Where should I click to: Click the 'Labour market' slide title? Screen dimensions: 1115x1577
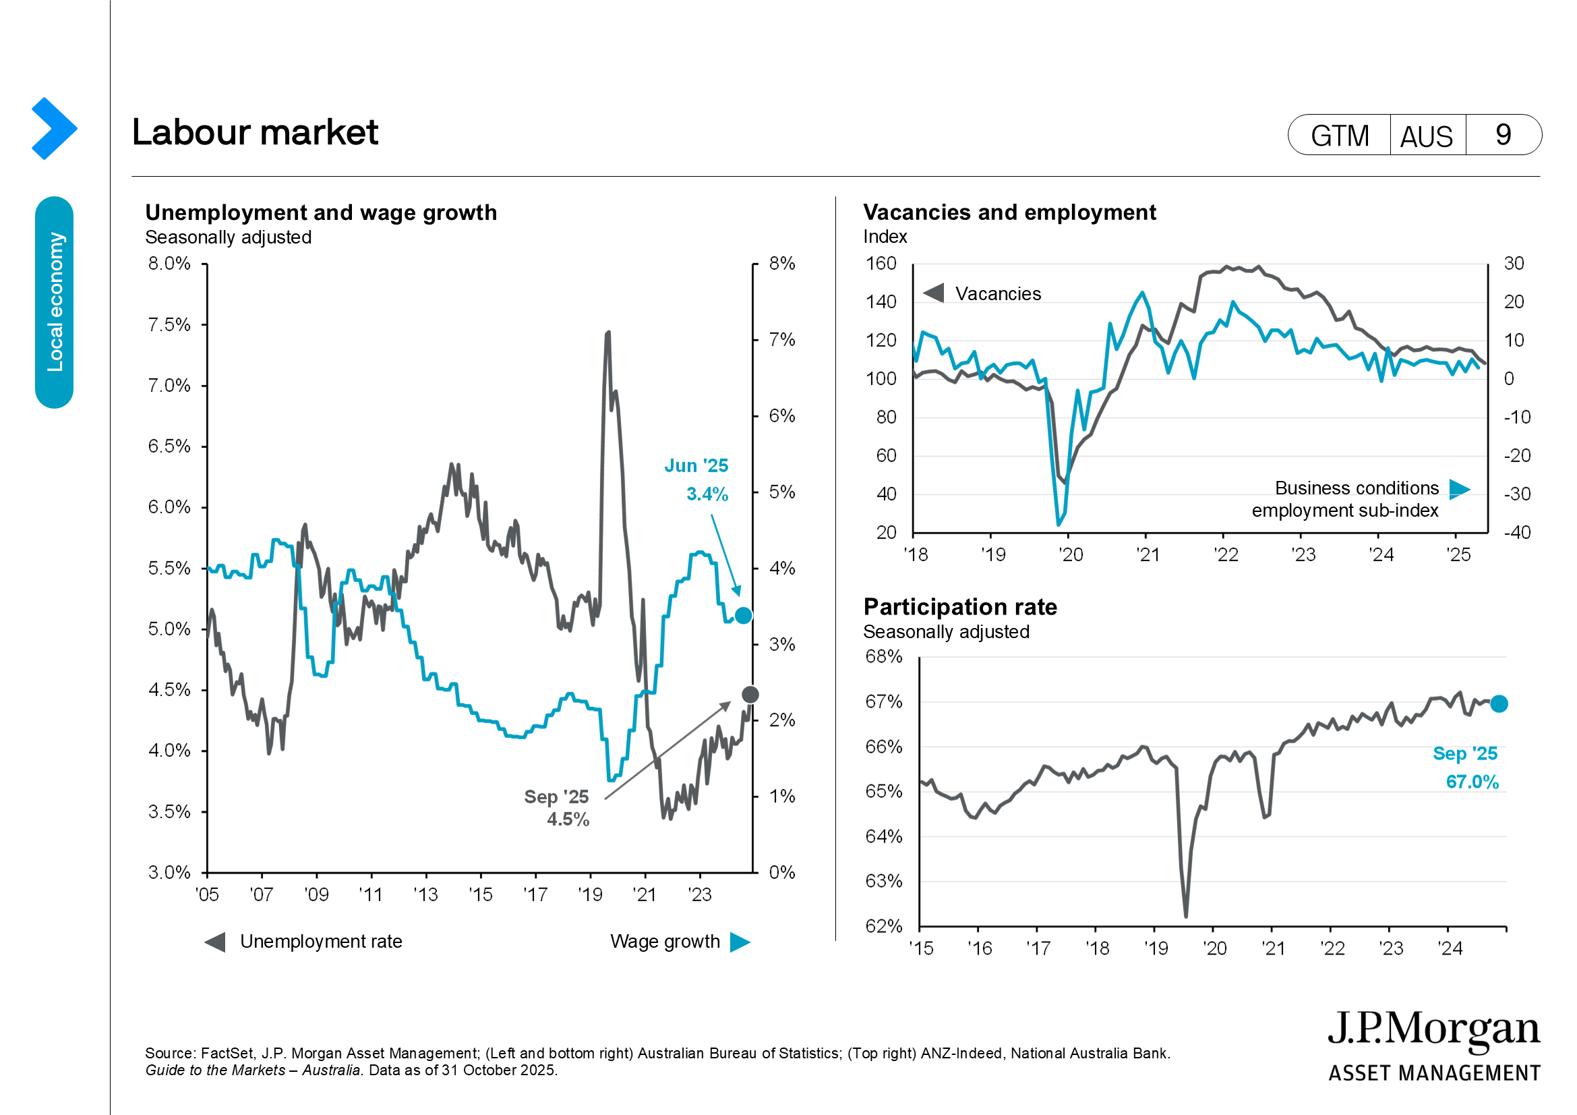click(x=255, y=132)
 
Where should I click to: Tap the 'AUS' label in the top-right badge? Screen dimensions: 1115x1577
click(x=1426, y=136)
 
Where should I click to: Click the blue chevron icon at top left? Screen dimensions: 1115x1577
click(x=53, y=128)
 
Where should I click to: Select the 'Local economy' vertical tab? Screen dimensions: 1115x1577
click(x=54, y=302)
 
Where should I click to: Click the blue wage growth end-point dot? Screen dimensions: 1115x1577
click(x=743, y=616)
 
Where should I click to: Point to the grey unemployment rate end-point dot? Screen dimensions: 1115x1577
click(x=750, y=695)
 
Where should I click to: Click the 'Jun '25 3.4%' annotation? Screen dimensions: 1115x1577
click(x=696, y=480)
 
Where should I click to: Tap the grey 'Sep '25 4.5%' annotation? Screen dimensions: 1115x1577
click(x=557, y=808)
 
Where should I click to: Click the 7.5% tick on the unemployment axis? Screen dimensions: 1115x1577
click(x=169, y=324)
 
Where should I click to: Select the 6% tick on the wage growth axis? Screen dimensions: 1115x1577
click(x=781, y=416)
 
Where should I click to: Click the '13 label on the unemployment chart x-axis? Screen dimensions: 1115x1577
click(x=426, y=894)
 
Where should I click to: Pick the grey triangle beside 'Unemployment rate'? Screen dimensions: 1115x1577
click(x=215, y=942)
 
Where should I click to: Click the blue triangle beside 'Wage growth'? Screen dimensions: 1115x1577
click(x=740, y=942)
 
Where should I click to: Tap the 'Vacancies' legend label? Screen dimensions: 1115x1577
click(x=997, y=294)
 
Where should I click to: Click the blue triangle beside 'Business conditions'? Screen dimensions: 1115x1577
click(x=1459, y=489)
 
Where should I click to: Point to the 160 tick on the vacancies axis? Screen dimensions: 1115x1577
click(x=881, y=264)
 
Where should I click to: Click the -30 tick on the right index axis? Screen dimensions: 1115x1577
click(x=1516, y=494)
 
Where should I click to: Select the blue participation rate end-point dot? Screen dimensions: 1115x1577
click(x=1499, y=704)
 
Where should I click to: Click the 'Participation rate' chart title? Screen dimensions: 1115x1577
click(x=959, y=607)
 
